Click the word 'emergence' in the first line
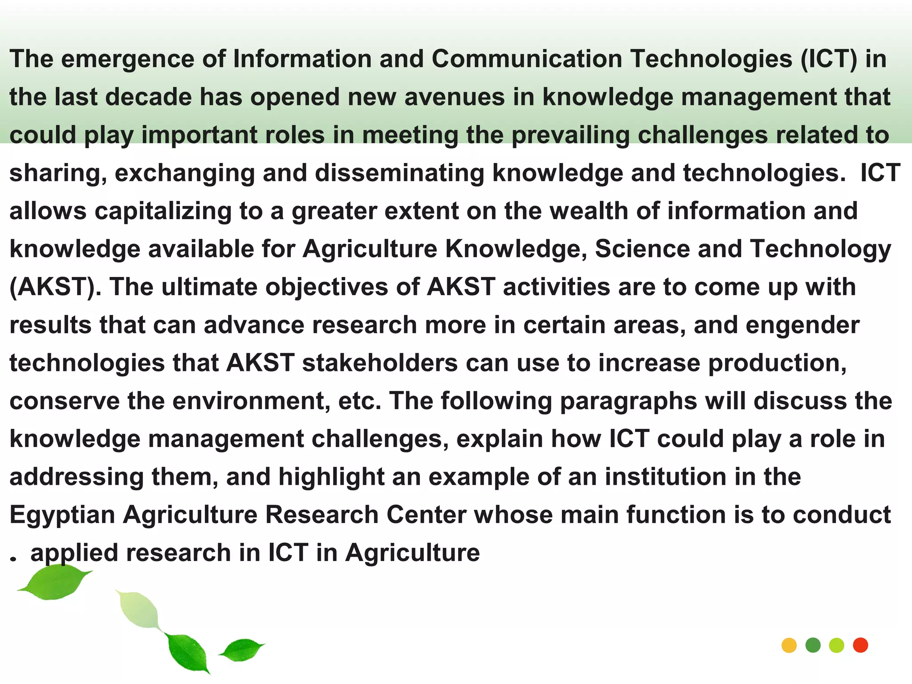coord(127,60)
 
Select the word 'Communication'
coord(527,59)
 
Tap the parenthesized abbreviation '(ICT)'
coord(828,59)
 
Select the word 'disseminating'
coord(399,173)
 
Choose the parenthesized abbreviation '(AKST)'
coord(55,287)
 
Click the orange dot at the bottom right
coord(789,645)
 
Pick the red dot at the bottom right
coord(860,645)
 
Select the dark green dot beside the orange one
coord(813,645)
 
